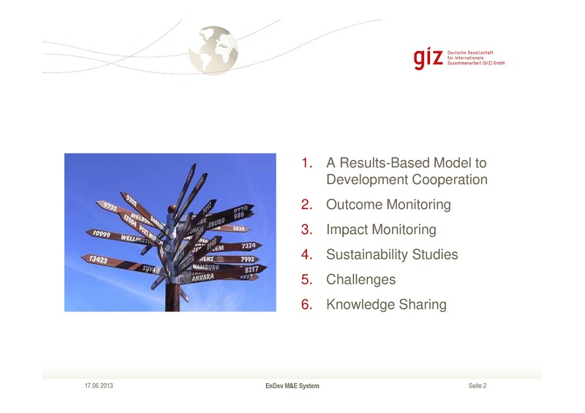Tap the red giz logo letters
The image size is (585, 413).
click(428, 58)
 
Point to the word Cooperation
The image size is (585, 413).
click(448, 179)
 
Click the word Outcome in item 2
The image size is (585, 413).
click(352, 205)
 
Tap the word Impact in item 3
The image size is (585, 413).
click(347, 230)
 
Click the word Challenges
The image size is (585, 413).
click(361, 279)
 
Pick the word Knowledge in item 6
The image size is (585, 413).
click(360, 304)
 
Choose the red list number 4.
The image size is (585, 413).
click(307, 254)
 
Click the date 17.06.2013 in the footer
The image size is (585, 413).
click(99, 385)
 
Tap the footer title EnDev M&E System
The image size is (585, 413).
click(292, 385)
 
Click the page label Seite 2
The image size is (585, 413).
click(477, 385)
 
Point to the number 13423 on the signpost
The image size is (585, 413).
click(96, 259)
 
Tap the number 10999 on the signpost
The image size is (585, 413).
click(98, 233)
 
